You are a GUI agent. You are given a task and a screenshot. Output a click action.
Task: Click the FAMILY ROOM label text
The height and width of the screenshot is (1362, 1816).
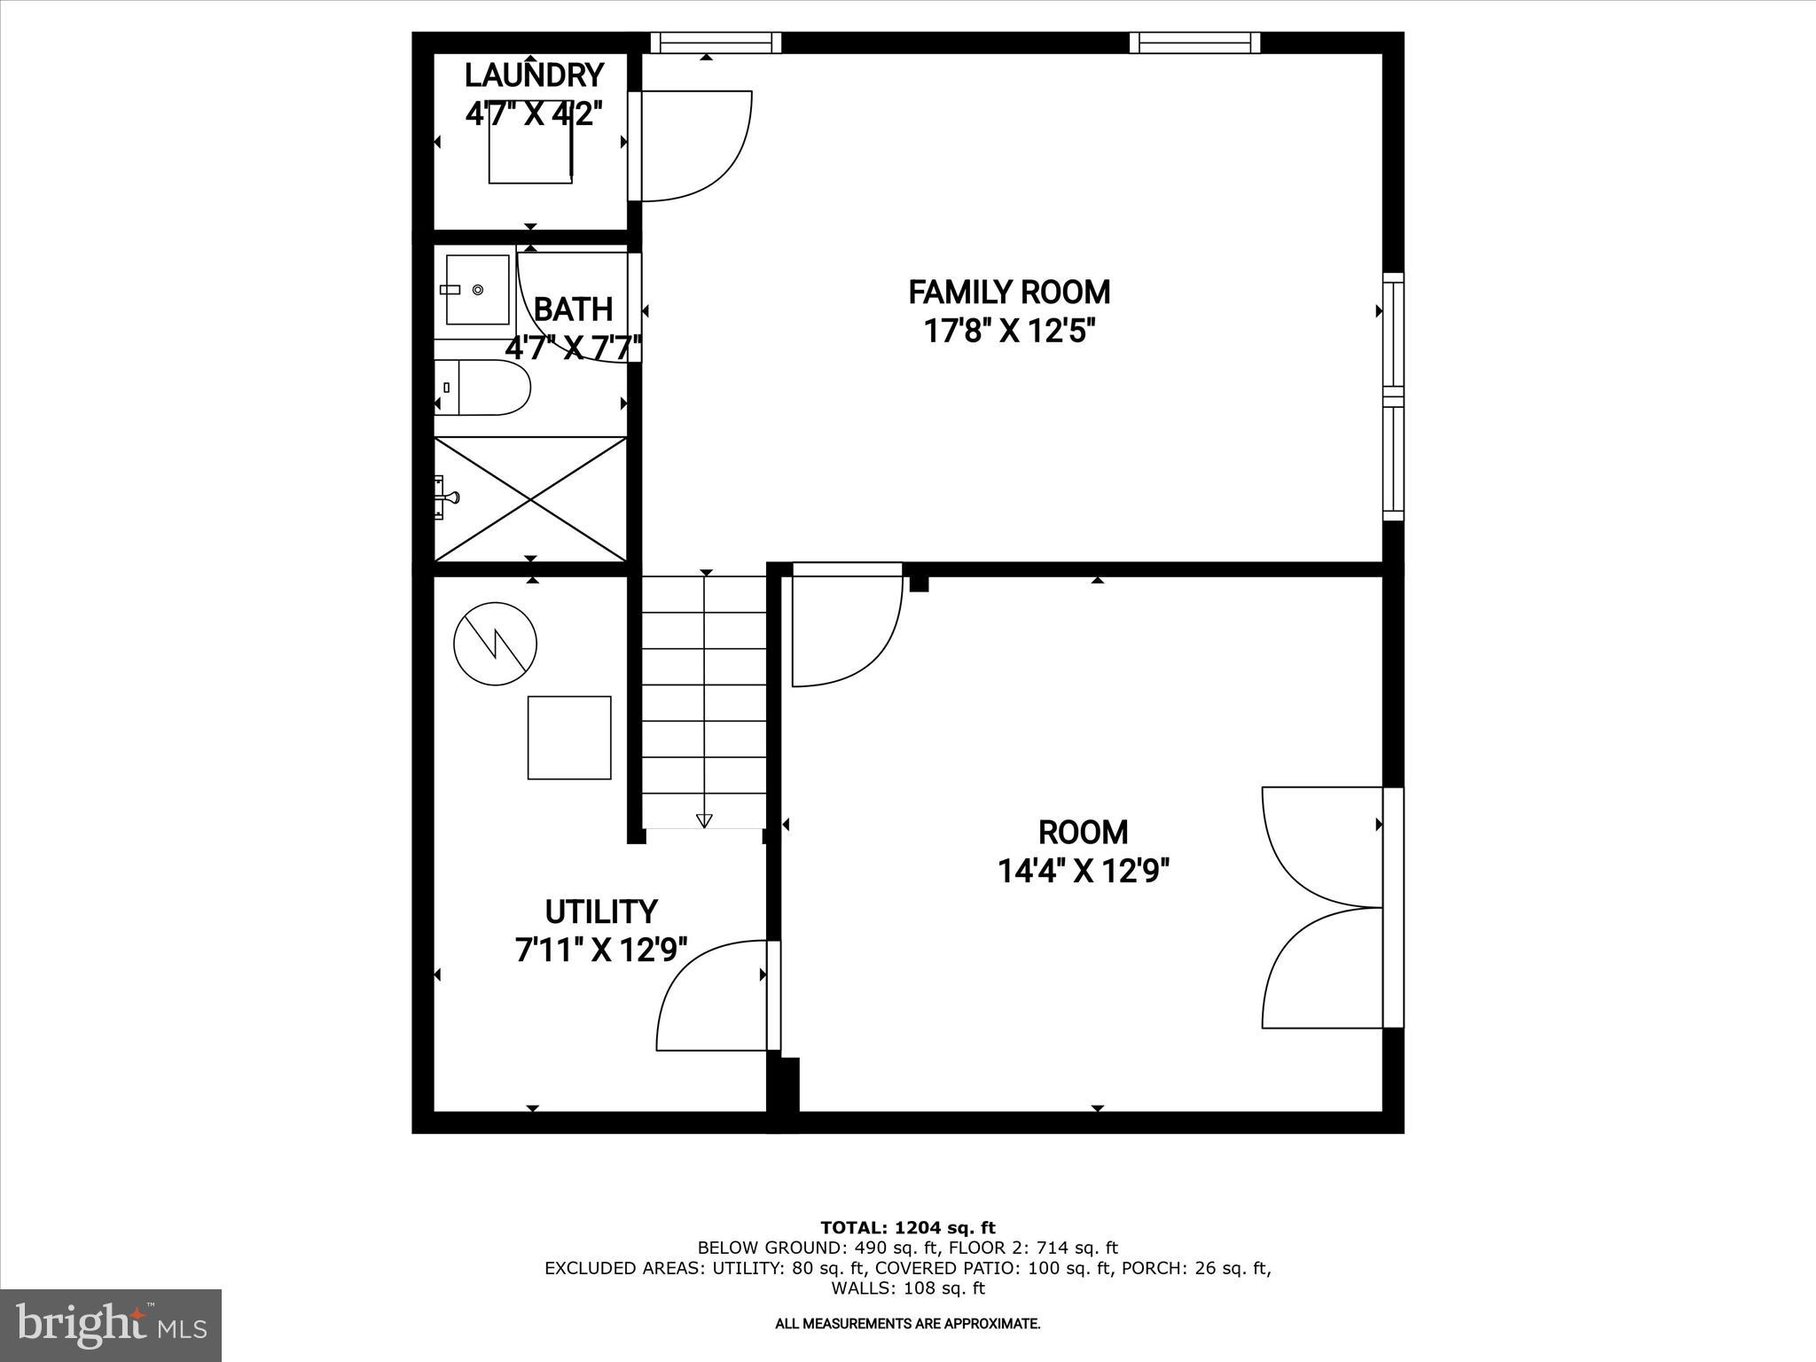click(x=1008, y=292)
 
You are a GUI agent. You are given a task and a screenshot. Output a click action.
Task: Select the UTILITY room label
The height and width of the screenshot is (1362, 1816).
click(x=600, y=912)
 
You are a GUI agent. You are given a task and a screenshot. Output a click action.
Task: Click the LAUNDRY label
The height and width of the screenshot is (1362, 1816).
click(x=534, y=75)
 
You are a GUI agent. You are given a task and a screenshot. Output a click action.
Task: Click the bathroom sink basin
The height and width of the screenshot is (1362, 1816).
click(x=477, y=290)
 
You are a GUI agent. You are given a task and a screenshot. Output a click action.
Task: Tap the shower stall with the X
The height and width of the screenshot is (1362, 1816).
click(x=530, y=499)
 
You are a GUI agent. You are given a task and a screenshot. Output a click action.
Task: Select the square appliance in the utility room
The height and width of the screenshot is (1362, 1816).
click(x=569, y=738)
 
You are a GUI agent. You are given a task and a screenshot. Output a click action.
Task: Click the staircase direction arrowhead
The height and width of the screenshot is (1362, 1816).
click(x=704, y=820)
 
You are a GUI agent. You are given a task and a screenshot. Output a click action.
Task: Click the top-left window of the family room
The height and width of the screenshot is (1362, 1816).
click(x=716, y=43)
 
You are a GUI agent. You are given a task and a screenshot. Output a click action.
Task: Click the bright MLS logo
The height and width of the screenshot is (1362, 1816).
click(x=111, y=1326)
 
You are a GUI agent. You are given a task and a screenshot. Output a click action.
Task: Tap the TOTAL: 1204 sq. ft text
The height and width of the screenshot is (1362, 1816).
click(x=907, y=1228)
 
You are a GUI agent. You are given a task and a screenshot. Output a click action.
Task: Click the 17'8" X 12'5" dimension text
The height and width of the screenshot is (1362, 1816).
click(x=1008, y=332)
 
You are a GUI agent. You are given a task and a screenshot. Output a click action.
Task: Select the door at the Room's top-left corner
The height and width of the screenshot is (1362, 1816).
click(x=847, y=625)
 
